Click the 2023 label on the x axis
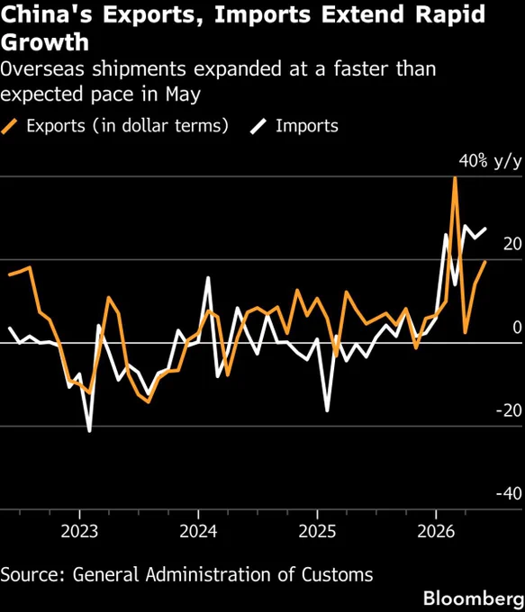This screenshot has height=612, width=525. pyautogui.click(x=79, y=531)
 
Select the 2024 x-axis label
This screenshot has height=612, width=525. pyautogui.click(x=198, y=531)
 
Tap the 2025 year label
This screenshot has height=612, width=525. pyautogui.click(x=317, y=531)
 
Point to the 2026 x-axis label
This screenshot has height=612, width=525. pyautogui.click(x=436, y=531)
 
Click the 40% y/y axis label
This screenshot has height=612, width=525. pyautogui.click(x=490, y=161)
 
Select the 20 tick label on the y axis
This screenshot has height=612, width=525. pyautogui.click(x=512, y=244)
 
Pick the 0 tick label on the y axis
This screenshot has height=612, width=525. pyautogui.click(x=517, y=328)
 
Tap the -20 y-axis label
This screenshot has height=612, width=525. pyautogui.click(x=509, y=410)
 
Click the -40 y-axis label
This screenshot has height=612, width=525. pyautogui.click(x=509, y=494)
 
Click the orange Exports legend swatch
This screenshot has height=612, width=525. pyautogui.click(x=9, y=127)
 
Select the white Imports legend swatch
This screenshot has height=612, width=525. pyautogui.click(x=258, y=127)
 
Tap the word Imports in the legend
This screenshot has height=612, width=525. pyautogui.click(x=307, y=126)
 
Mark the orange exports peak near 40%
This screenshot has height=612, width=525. pyautogui.click(x=455, y=178)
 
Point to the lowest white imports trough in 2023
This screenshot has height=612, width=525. pyautogui.click(x=89, y=431)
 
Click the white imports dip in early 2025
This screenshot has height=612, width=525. pyautogui.click(x=327, y=410)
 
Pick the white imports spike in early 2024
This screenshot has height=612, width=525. pyautogui.click(x=208, y=278)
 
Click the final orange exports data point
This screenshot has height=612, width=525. pyautogui.click(x=485, y=262)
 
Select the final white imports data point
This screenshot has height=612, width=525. pyautogui.click(x=485, y=229)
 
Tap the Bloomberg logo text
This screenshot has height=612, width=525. pyautogui.click(x=474, y=598)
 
